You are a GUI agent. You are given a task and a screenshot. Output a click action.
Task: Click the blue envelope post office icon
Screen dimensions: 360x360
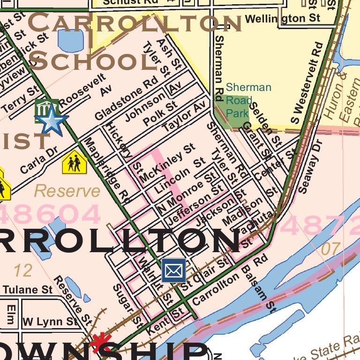173,270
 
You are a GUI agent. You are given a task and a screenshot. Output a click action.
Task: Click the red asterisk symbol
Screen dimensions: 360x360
99,343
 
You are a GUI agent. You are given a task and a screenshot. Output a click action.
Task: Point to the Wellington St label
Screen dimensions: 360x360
283,19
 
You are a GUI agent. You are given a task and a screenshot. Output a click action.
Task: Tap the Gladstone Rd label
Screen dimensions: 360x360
126,98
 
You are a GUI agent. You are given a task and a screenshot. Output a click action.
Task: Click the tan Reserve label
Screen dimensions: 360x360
67,191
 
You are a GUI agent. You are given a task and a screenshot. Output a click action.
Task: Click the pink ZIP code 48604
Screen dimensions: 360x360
49,215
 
